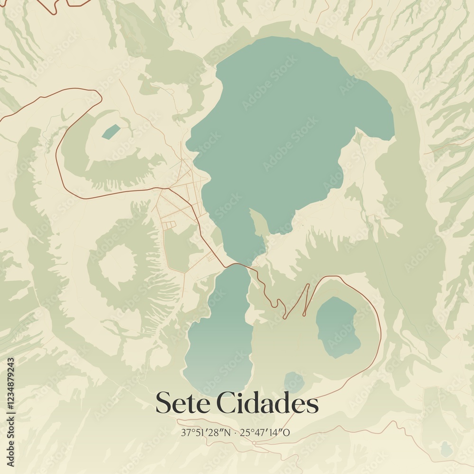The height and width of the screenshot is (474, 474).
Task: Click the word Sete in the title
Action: coord(182,403)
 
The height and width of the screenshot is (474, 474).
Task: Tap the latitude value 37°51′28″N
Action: coord(206,432)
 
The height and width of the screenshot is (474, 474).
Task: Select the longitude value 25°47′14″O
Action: coord(265,432)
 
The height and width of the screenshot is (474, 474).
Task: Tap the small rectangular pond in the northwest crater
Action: coord(110,132)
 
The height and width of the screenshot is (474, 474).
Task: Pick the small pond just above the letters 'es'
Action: coord(294,382)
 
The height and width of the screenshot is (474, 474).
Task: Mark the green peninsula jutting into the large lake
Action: coord(258,223)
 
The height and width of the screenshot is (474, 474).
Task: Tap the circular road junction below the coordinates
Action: coord(255,443)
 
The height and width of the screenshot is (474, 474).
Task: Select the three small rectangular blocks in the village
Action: coord(170,224)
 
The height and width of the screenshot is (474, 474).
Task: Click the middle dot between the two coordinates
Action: coord(236,432)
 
